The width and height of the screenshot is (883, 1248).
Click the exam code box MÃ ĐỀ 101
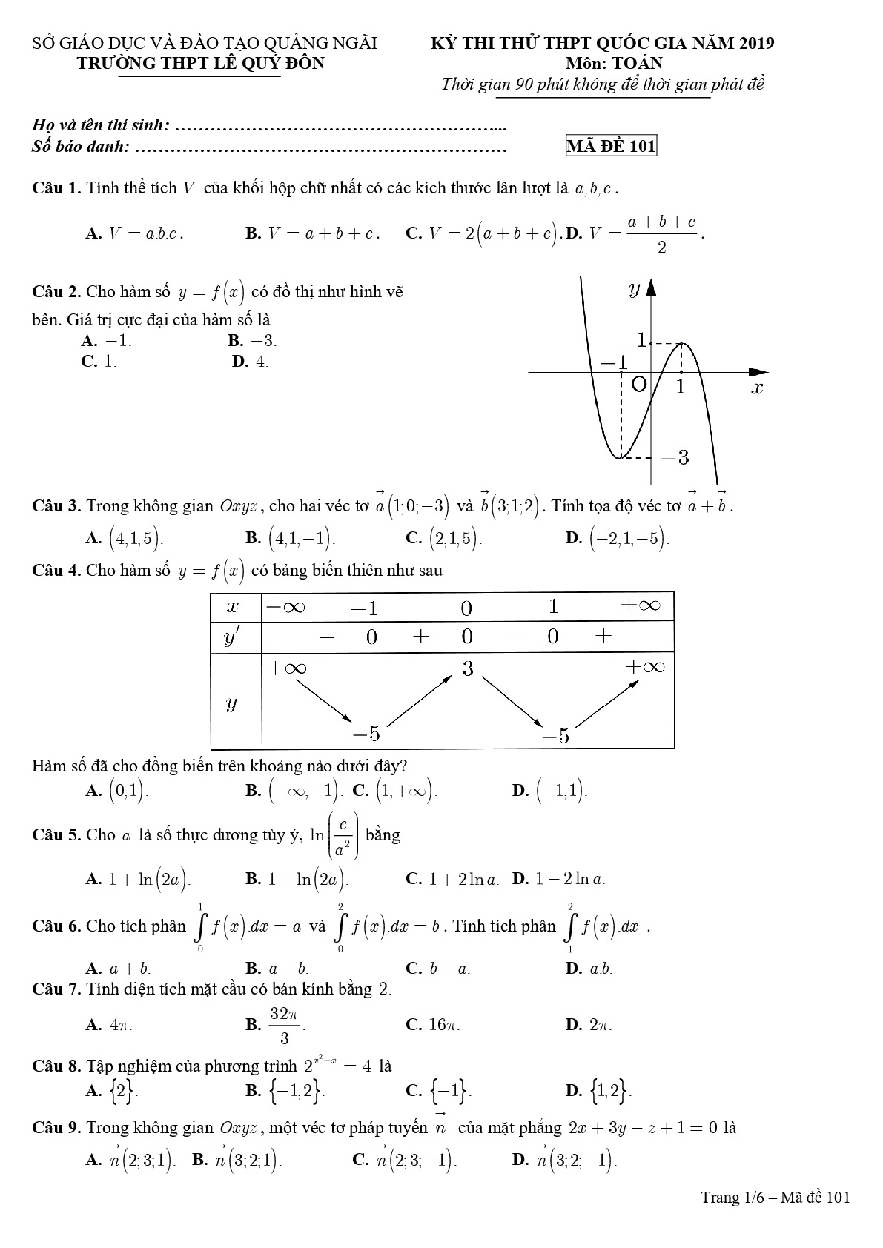[x=611, y=146]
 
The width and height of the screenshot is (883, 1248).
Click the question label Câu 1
[x=56, y=187]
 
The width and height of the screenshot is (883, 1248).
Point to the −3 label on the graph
[x=675, y=458]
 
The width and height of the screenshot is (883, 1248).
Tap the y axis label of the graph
[x=634, y=289]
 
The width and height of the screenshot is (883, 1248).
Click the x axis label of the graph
[x=756, y=388]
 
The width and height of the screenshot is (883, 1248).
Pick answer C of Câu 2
[x=100, y=362]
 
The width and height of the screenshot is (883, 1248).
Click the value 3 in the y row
[x=467, y=668]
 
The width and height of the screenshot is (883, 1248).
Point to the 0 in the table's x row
[x=466, y=608]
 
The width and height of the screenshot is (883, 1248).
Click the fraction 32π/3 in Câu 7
[x=284, y=1025]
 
